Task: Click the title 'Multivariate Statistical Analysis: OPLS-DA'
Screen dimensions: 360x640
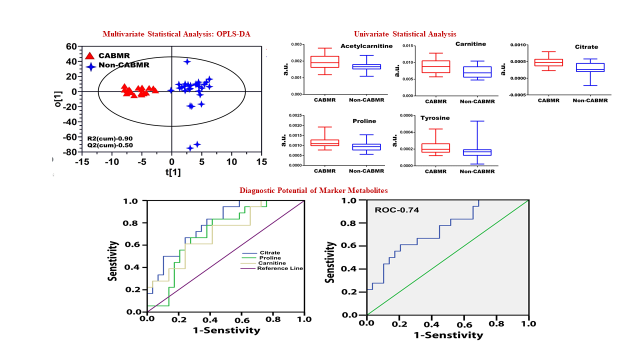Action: pos(176,34)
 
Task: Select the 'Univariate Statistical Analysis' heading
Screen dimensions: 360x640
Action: pos(405,34)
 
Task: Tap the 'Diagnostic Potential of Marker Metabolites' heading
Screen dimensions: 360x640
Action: pos(313,190)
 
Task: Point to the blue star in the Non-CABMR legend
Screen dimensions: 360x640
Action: pos(90,66)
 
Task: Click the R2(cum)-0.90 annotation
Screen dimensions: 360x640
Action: pos(110,138)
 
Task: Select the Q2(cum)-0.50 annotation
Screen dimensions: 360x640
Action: pos(110,145)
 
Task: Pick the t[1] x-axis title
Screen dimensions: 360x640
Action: pos(172,172)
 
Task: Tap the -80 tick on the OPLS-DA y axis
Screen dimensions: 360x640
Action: pos(69,152)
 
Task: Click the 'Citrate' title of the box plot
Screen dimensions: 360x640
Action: pos(586,47)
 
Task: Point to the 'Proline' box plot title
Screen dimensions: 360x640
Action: pos(363,121)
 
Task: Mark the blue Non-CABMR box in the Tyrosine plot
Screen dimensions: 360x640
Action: pos(477,152)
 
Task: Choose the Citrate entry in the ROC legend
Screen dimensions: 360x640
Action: pos(269,253)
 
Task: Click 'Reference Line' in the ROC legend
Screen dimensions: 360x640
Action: pos(280,268)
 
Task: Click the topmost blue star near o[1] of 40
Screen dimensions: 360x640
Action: pos(187,61)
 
